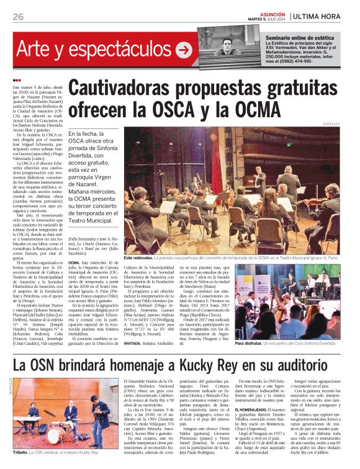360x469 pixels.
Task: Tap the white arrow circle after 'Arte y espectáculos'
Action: point(184,49)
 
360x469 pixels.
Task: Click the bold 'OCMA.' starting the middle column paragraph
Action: point(74,263)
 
